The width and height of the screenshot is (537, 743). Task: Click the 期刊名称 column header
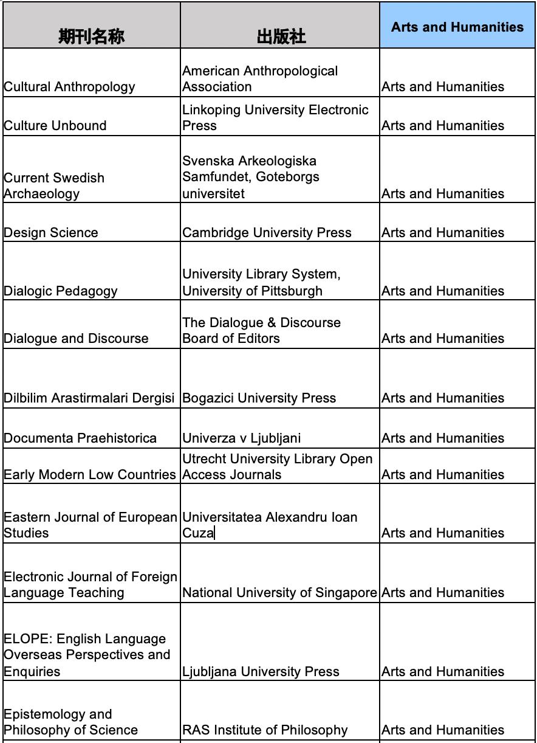pos(91,36)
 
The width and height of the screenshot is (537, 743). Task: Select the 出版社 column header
pos(281,36)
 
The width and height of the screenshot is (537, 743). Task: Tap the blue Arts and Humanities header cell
pos(457,27)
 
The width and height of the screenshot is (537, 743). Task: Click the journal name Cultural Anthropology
pos(69,87)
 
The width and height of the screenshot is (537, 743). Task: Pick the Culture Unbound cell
pos(55,126)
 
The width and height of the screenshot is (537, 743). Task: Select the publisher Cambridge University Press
pos(267,233)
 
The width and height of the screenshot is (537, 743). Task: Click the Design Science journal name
pos(50,233)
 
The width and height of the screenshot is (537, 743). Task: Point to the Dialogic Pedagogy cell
pos(61,291)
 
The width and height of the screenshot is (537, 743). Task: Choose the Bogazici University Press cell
pos(259,398)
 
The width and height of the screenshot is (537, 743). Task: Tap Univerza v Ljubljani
pos(241,438)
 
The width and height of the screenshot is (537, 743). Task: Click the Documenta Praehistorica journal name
pos(80,438)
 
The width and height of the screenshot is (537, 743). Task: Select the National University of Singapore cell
pos(279,593)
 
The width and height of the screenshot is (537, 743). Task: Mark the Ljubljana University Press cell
pos(261,672)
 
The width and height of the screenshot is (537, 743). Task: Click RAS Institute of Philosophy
pos(265,730)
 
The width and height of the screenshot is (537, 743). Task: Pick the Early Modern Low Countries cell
pos(89,475)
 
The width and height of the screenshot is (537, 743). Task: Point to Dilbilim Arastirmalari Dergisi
pos(89,398)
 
